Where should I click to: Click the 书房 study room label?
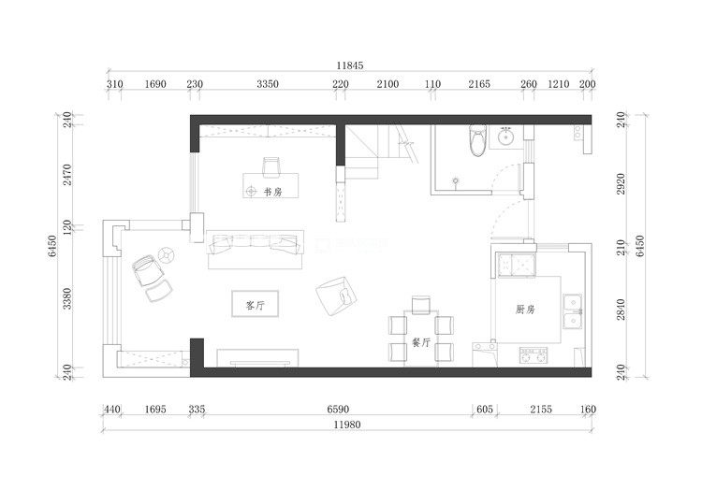click(x=272, y=193)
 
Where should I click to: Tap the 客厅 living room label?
click(x=256, y=306)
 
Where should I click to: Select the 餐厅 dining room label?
click(x=421, y=342)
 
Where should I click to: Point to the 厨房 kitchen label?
click(x=525, y=309)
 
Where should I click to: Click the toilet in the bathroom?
click(x=477, y=140)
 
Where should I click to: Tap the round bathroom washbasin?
click(x=506, y=136)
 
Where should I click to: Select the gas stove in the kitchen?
click(x=534, y=355)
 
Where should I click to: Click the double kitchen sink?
click(x=572, y=312)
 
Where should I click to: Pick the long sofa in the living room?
click(x=256, y=250)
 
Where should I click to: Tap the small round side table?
click(x=166, y=255)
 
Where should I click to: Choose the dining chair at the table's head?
click(x=421, y=305)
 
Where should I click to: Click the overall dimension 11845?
click(x=350, y=65)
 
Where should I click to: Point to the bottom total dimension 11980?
click(x=347, y=425)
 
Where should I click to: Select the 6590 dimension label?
click(x=338, y=409)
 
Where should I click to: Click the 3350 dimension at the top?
click(x=268, y=84)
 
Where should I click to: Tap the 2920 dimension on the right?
click(x=621, y=183)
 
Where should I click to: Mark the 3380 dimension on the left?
click(x=66, y=298)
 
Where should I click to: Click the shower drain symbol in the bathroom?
click(x=456, y=181)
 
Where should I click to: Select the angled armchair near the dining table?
click(x=336, y=296)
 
